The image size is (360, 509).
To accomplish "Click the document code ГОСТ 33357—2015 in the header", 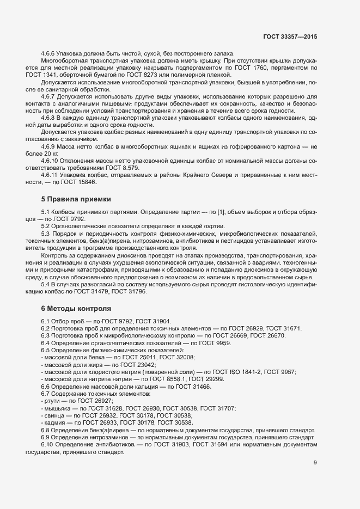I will click(x=290, y=36).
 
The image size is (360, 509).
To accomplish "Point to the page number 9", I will click(x=315, y=463).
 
